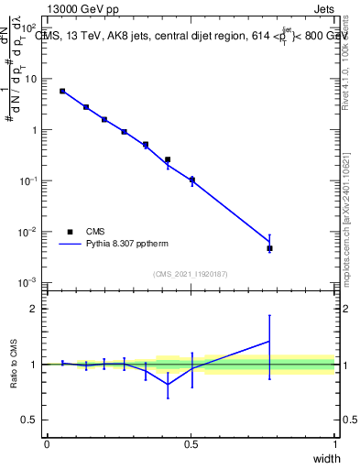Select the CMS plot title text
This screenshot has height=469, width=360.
point(189,37)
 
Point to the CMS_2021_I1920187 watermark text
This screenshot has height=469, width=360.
point(190,273)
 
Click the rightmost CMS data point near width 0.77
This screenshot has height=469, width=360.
point(269,248)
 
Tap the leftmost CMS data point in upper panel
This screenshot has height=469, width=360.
point(62,91)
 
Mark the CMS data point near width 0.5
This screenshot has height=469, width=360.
point(191,180)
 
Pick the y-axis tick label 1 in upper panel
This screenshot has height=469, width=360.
point(33,129)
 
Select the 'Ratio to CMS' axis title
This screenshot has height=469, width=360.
point(13,365)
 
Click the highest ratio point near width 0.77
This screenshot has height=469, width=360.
point(269,341)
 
